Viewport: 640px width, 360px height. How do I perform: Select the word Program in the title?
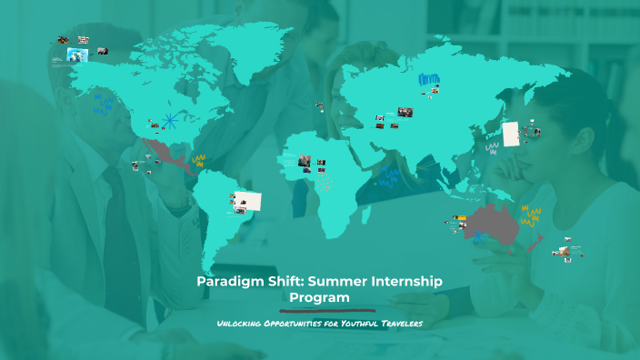coord(319,297)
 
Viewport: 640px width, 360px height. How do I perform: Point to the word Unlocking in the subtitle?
coord(240,325)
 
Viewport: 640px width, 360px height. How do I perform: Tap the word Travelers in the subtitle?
coord(402,325)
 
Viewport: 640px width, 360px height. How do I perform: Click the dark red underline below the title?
coord(319,310)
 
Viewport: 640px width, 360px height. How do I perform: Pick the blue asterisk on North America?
coord(168,119)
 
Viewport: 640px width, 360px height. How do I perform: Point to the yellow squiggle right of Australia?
coord(530,216)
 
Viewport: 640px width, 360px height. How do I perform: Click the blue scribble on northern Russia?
coord(428,80)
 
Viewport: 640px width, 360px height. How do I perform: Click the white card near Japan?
coord(511,133)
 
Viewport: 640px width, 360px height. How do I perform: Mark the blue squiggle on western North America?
coord(102,105)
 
